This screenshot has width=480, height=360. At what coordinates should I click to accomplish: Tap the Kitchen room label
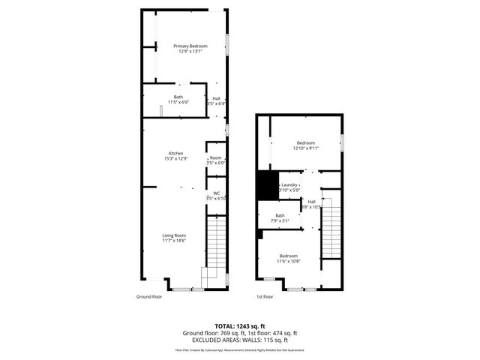pos(175,153)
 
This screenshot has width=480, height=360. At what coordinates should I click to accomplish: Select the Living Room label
pos(175,235)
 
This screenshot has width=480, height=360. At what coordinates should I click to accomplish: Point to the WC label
pos(216,193)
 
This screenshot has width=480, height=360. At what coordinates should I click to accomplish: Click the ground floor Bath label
pos(178,96)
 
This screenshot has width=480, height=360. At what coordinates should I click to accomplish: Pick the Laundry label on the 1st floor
pos(289,185)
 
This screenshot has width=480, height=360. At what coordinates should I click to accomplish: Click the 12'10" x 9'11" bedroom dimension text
pos(306,148)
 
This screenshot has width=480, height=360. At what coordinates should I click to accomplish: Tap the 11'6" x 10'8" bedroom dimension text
pos(289,260)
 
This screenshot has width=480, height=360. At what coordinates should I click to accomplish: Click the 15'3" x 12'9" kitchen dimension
pos(175,158)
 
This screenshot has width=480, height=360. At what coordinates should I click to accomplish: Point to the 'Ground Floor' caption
pos(149,297)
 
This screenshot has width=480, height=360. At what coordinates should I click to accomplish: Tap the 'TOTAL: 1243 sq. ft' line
pos(240,326)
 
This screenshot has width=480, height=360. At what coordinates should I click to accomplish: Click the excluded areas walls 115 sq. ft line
pos(240,340)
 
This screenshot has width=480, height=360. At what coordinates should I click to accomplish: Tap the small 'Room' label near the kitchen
pos(216,157)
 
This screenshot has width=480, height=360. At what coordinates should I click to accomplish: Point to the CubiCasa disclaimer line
pos(240,349)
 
